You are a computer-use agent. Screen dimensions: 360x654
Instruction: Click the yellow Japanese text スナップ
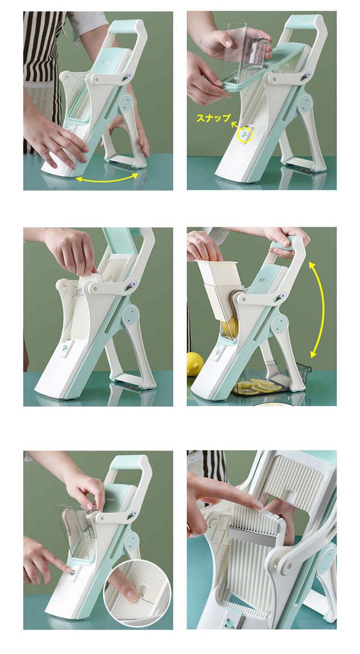213,118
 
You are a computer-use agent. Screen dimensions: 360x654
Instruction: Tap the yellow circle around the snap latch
245,135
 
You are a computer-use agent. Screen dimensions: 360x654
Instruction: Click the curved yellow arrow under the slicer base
107,178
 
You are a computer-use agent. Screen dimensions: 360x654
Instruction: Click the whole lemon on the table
195,363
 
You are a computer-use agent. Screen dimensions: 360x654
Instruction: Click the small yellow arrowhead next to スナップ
234,125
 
